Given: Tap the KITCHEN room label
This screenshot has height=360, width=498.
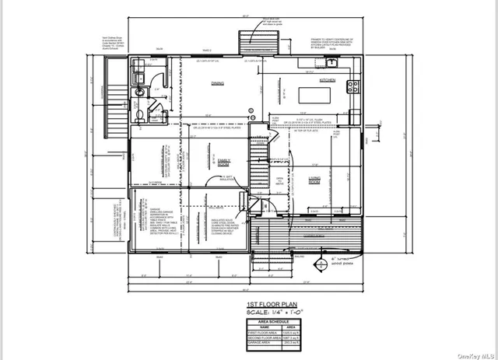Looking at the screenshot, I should click(327, 80).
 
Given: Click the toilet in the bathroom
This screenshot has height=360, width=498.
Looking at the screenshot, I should click(139, 115).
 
